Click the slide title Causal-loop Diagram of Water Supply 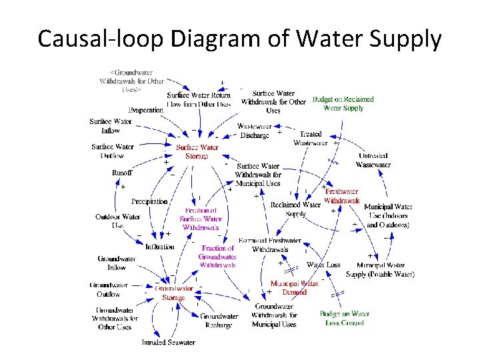pos(240,39)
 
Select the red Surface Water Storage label pos(197,151)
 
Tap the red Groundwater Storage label pos(174,293)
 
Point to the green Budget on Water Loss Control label pos(344,318)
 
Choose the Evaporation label pos(145,110)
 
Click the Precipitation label pos(149,201)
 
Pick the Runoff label pos(122,173)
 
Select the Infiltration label pos(159,247)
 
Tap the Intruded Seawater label pos(168,342)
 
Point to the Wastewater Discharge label pos(254,131)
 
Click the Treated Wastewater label pos(311,138)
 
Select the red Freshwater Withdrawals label pos(342,196)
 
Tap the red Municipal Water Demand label pos(293,287)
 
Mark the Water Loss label pos(324,265)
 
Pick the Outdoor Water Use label pos(118,221)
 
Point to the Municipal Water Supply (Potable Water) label pos(380,269)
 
